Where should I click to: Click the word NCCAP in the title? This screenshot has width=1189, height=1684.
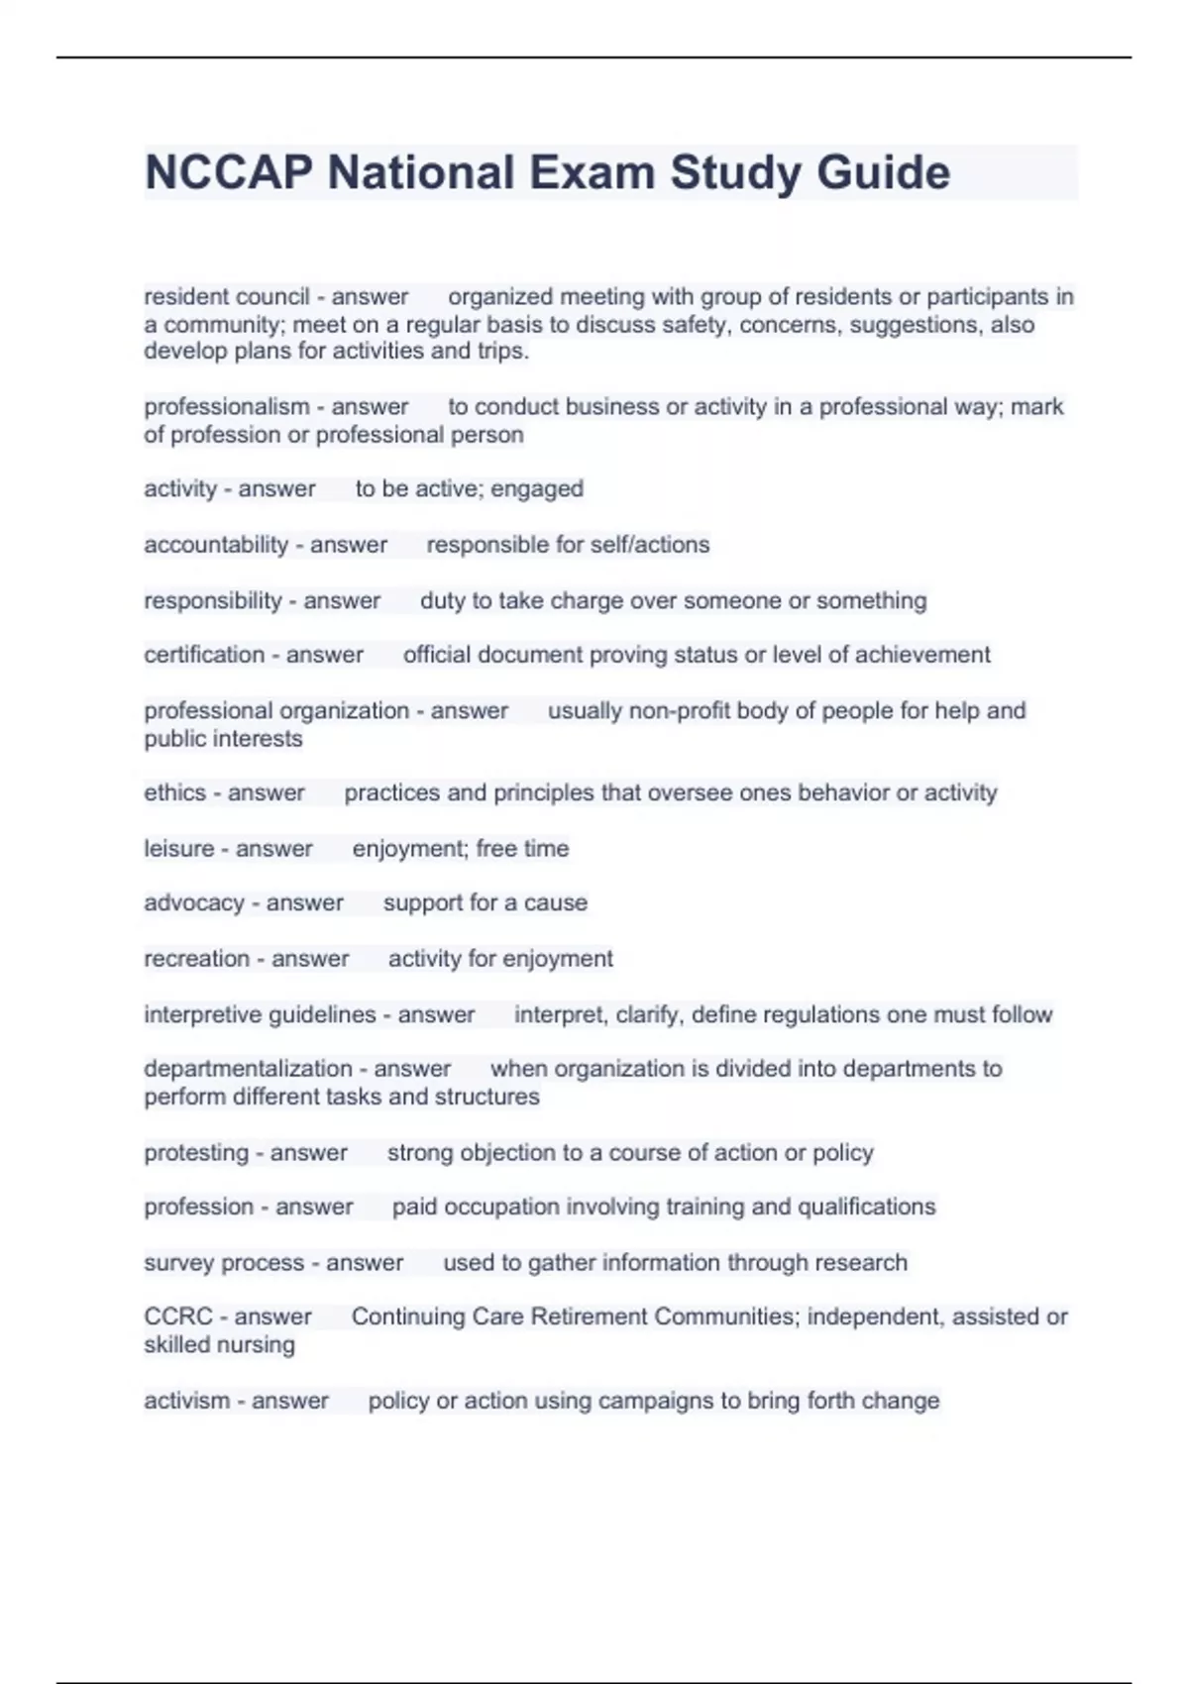pos(229,172)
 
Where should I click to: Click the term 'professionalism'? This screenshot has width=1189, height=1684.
pos(226,407)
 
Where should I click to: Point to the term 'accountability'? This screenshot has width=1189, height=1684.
pos(215,545)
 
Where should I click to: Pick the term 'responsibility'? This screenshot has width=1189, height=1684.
pos(212,601)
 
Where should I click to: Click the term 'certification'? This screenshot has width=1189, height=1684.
pos(203,655)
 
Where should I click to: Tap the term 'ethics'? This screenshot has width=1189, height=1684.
pos(173,793)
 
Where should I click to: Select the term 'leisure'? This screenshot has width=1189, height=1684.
pos(178,849)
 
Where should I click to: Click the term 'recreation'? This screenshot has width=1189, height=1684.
pos(196,959)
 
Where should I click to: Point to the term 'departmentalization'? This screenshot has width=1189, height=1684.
pos(248,1069)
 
